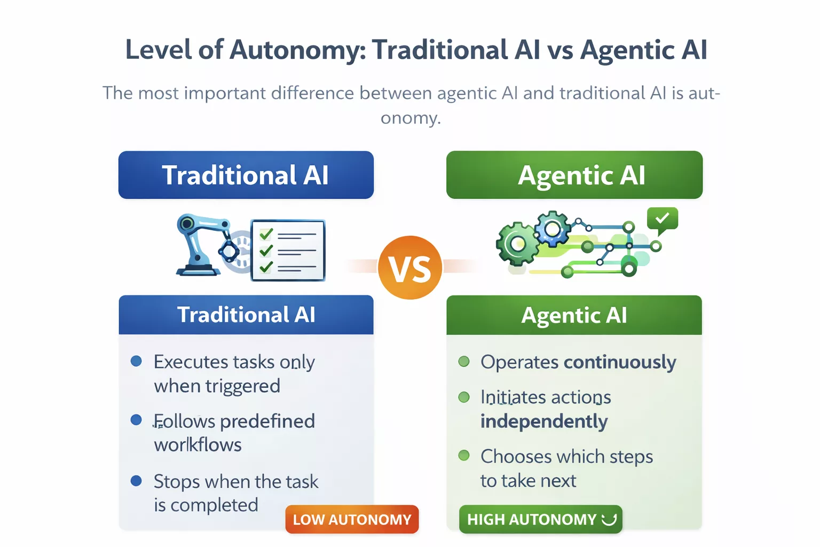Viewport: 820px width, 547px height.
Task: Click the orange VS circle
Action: [410, 268]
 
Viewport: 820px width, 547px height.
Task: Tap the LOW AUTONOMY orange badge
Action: [352, 519]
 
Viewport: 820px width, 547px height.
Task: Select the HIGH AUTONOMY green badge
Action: [540, 519]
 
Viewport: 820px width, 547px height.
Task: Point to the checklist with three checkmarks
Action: [288, 250]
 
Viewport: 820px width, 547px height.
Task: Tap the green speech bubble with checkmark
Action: [662, 218]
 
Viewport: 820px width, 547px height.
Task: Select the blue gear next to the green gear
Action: [553, 229]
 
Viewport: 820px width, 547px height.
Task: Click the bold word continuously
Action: [620, 362]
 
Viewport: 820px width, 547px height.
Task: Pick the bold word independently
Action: [543, 421]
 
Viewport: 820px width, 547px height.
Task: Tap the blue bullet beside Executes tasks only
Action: [136, 362]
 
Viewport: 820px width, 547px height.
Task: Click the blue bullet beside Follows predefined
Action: [136, 420]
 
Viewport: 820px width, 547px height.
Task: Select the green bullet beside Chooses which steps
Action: [464, 456]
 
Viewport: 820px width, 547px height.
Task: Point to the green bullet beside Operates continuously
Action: [464, 362]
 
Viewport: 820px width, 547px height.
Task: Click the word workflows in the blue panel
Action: [198, 445]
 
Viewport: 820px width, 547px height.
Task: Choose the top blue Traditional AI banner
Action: [246, 175]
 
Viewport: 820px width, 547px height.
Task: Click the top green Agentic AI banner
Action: [574, 175]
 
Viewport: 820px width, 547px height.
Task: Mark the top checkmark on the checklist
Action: [266, 234]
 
